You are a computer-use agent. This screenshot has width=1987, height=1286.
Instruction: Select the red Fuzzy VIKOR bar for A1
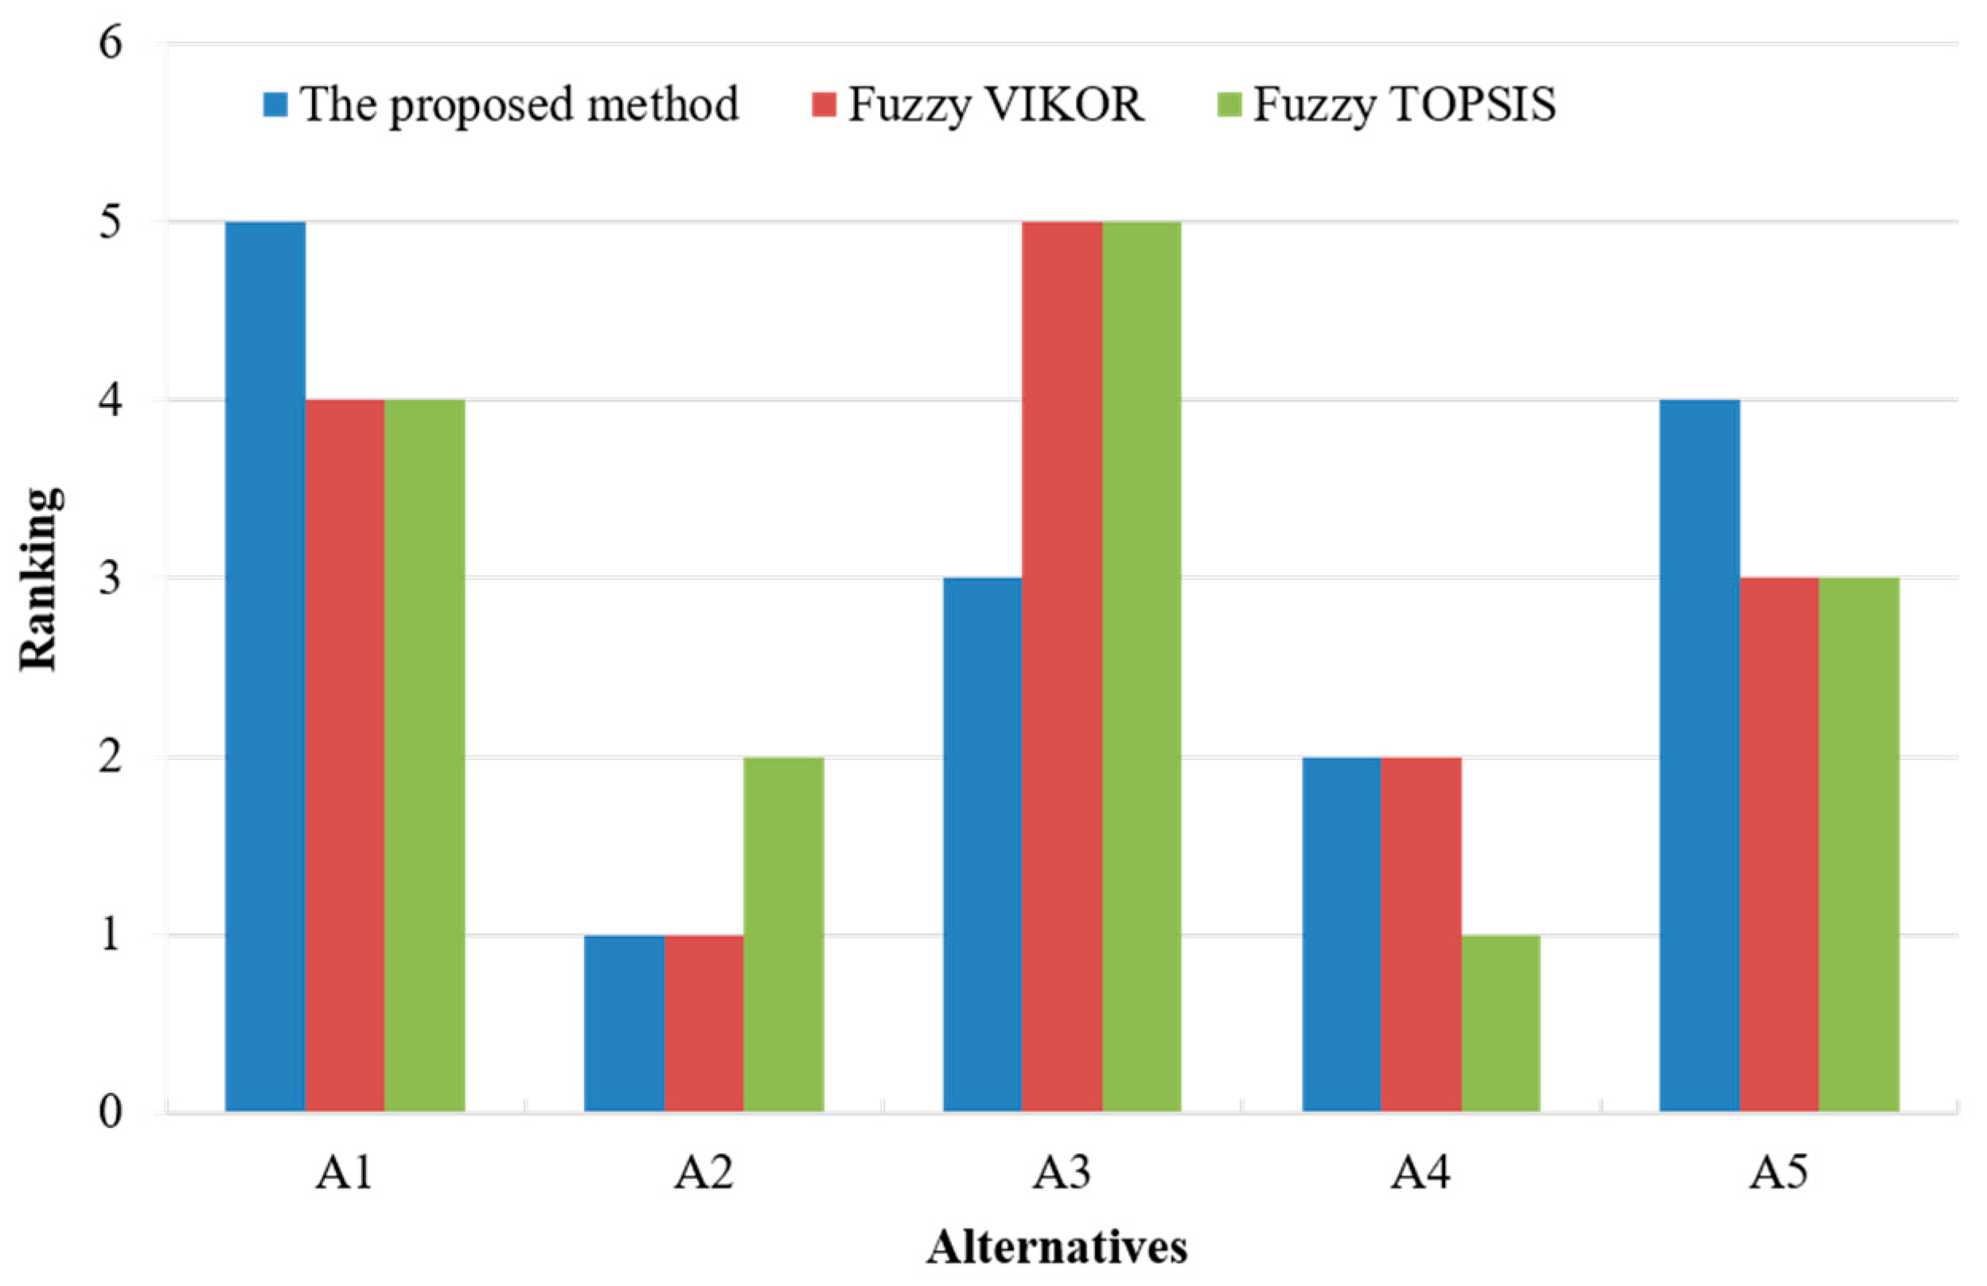click(x=345, y=756)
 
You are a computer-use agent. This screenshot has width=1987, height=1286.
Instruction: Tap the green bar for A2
click(x=783, y=934)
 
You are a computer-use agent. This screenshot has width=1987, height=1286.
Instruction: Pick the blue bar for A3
click(x=982, y=844)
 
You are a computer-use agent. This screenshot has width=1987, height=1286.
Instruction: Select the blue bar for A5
click(x=1700, y=756)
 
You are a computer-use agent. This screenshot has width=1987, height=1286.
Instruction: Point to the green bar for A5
click(x=1859, y=844)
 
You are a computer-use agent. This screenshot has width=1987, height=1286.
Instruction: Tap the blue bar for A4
click(x=1341, y=934)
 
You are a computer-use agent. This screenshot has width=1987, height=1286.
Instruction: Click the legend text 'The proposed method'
click(x=520, y=105)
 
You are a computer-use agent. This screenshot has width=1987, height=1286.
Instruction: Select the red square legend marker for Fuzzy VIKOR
click(x=823, y=105)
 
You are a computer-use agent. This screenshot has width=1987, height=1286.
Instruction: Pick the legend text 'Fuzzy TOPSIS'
click(x=1405, y=105)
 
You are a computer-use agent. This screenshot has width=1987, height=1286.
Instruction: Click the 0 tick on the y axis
click(x=110, y=1112)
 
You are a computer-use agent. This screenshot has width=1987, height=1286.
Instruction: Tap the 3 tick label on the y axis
click(x=110, y=577)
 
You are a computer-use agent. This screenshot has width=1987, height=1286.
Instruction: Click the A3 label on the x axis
click(x=1061, y=1173)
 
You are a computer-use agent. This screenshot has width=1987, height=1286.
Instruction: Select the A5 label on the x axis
click(x=1779, y=1173)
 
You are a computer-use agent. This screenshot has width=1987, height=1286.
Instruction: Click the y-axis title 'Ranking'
click(x=39, y=578)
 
